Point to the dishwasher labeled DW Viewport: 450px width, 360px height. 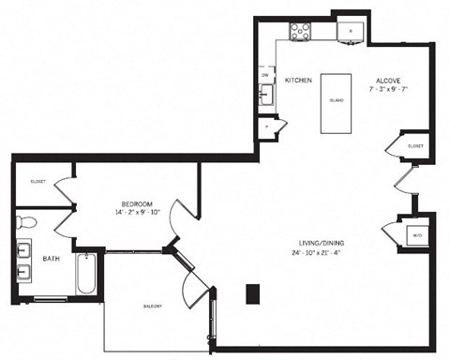[265, 75]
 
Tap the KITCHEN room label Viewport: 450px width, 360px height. [298, 81]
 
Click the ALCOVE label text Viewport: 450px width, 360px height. [389, 81]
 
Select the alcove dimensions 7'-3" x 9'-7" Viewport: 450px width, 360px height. [389, 90]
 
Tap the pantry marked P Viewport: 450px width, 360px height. [268, 126]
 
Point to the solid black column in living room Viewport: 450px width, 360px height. [252, 293]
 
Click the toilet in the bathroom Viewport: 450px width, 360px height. [27, 222]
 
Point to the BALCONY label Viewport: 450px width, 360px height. [153, 307]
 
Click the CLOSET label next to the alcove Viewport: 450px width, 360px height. [415, 146]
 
